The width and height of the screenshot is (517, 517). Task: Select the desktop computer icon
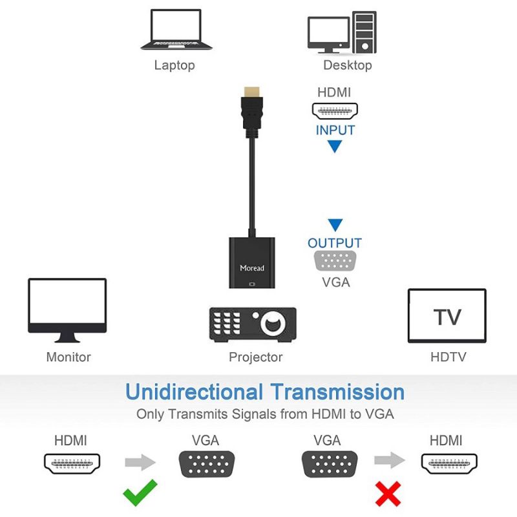click(341, 32)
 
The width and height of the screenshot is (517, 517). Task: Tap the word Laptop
click(174, 65)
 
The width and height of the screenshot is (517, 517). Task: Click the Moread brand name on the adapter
click(252, 268)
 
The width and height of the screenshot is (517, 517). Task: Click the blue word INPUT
click(335, 130)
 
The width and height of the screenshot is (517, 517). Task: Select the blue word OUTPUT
click(334, 244)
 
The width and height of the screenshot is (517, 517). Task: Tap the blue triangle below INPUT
click(335, 147)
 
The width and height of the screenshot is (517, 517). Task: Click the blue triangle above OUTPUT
click(335, 226)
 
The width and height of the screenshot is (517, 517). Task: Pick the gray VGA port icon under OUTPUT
click(335, 262)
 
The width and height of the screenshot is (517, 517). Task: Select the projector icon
click(253, 324)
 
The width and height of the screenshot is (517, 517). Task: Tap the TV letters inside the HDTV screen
click(447, 317)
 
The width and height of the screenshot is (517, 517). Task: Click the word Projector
click(255, 357)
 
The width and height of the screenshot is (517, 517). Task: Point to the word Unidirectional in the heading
click(194, 392)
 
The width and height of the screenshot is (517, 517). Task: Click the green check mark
click(140, 492)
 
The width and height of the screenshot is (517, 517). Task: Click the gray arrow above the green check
click(140, 461)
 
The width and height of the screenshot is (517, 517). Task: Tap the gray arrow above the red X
click(389, 461)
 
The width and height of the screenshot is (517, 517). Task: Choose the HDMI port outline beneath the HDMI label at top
click(335, 111)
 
